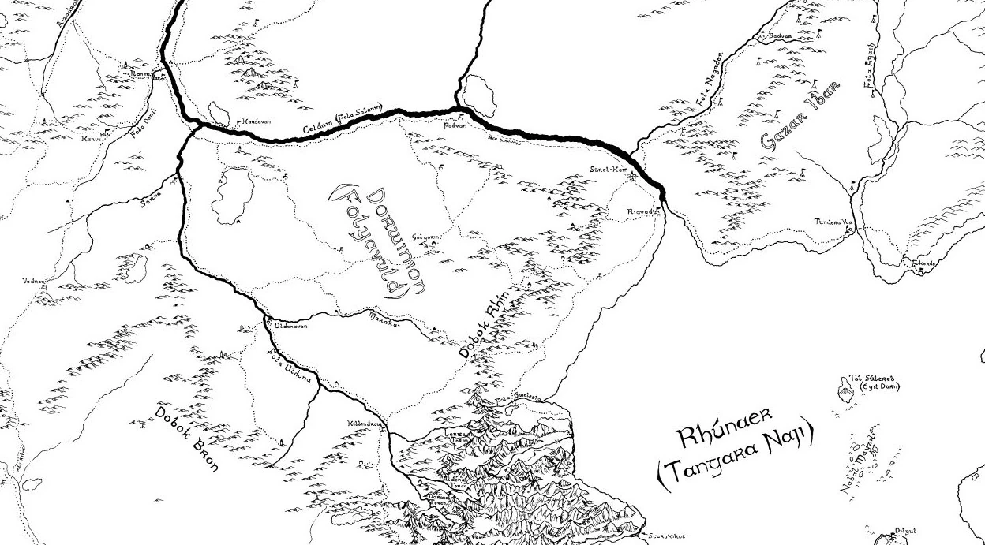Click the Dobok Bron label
tap(186, 437)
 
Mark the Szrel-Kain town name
tap(608, 170)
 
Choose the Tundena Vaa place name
tap(835, 222)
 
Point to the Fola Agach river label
tap(869, 73)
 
